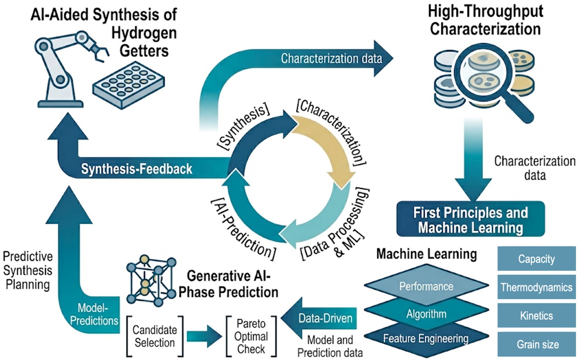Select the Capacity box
[536, 259]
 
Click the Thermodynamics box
[536, 287]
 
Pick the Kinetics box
[536, 316]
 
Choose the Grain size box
[536, 344]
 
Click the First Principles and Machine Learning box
[470, 219]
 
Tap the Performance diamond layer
[426, 286]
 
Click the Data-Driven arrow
[320, 318]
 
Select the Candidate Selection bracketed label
[155, 336]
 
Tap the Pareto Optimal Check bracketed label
[251, 336]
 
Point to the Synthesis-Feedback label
[137, 169]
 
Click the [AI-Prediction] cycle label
[243, 229]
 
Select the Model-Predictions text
[94, 314]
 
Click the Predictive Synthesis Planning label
[28, 270]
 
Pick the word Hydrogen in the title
[144, 33]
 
